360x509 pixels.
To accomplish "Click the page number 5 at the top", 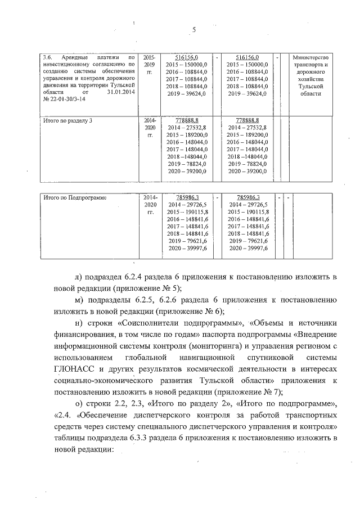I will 193,30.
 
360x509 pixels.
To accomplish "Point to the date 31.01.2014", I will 119,91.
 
